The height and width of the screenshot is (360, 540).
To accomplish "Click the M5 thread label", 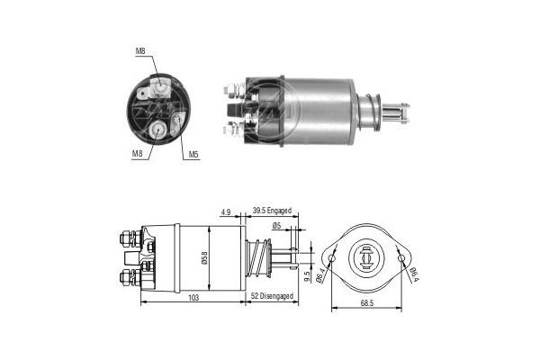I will click(193, 154).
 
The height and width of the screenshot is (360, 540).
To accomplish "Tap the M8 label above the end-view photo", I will click(140, 51).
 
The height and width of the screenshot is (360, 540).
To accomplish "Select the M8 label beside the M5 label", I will click(138, 154).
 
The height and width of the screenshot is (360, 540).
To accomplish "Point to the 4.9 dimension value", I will click(225, 213).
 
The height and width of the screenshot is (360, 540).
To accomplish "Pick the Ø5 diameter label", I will click(276, 226).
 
